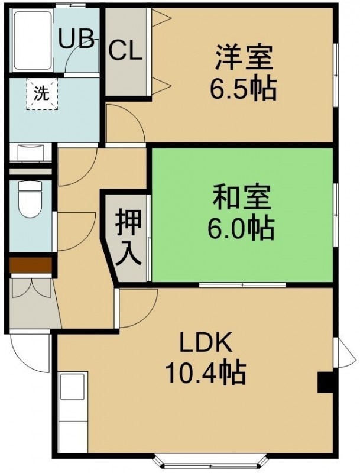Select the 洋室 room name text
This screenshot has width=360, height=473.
(x=244, y=57)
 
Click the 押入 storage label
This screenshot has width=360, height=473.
(x=128, y=237)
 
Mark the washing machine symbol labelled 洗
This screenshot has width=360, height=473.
(x=41, y=93)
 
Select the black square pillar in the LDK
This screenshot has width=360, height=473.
(x=325, y=382)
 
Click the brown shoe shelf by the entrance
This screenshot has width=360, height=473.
(x=31, y=264)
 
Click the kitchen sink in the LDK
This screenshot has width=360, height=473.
(x=73, y=387)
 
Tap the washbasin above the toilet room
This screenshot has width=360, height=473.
(x=31, y=153)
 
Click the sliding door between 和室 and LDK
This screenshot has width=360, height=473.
(x=242, y=284)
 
